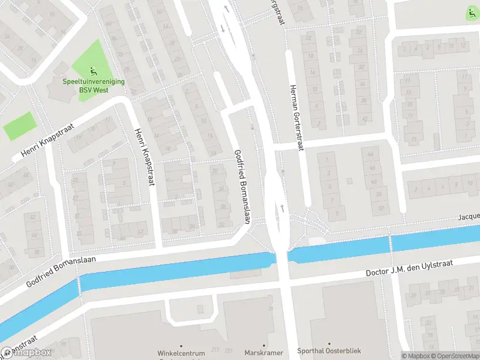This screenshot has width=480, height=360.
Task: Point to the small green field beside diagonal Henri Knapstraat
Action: (19, 126)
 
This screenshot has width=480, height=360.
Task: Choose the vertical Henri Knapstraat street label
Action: (145, 157)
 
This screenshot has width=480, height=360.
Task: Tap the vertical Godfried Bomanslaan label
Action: (241, 187)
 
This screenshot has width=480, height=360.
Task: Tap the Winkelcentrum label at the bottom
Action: (182, 352)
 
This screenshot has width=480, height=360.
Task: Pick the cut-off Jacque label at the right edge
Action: (469, 216)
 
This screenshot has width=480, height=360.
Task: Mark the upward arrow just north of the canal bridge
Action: (281, 208)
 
